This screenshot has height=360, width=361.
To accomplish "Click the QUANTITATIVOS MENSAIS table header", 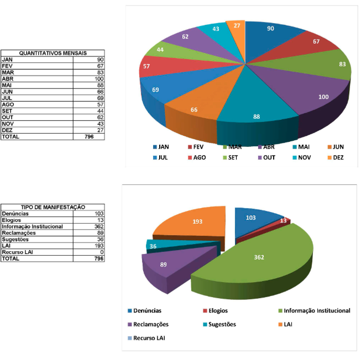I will pyautogui.click(x=53, y=53).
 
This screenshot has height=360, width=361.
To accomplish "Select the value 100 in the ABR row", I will pyautogui.click(x=99, y=79).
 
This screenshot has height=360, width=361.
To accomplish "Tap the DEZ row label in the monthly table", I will pyautogui.click(x=7, y=130).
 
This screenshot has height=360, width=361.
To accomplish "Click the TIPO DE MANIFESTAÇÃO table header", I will pyautogui.click(x=53, y=207).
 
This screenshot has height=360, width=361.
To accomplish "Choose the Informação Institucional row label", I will pyautogui.click(x=32, y=226).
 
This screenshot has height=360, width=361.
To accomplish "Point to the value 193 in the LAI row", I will pyautogui.click(x=99, y=246).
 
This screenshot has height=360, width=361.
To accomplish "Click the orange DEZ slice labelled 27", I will pyautogui.click(x=237, y=30).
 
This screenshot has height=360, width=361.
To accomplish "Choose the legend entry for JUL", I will pyautogui.click(x=162, y=157).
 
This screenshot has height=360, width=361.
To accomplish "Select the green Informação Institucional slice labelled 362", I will pyautogui.click(x=260, y=260).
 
